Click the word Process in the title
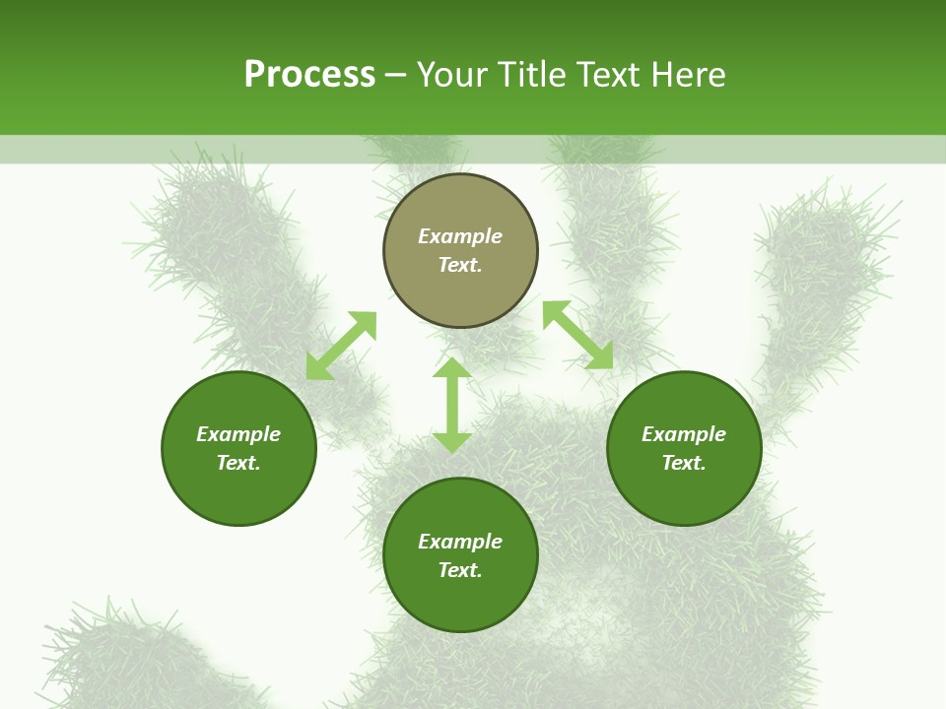point(309,75)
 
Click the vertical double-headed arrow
point(452,406)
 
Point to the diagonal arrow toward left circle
point(341,346)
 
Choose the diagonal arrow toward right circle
point(577,335)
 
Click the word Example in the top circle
point(460,236)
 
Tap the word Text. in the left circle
point(238,463)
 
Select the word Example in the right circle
point(684,434)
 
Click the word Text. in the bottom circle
point(460,570)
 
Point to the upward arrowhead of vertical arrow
point(452,368)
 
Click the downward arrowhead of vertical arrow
point(452,442)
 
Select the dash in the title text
point(396,76)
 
